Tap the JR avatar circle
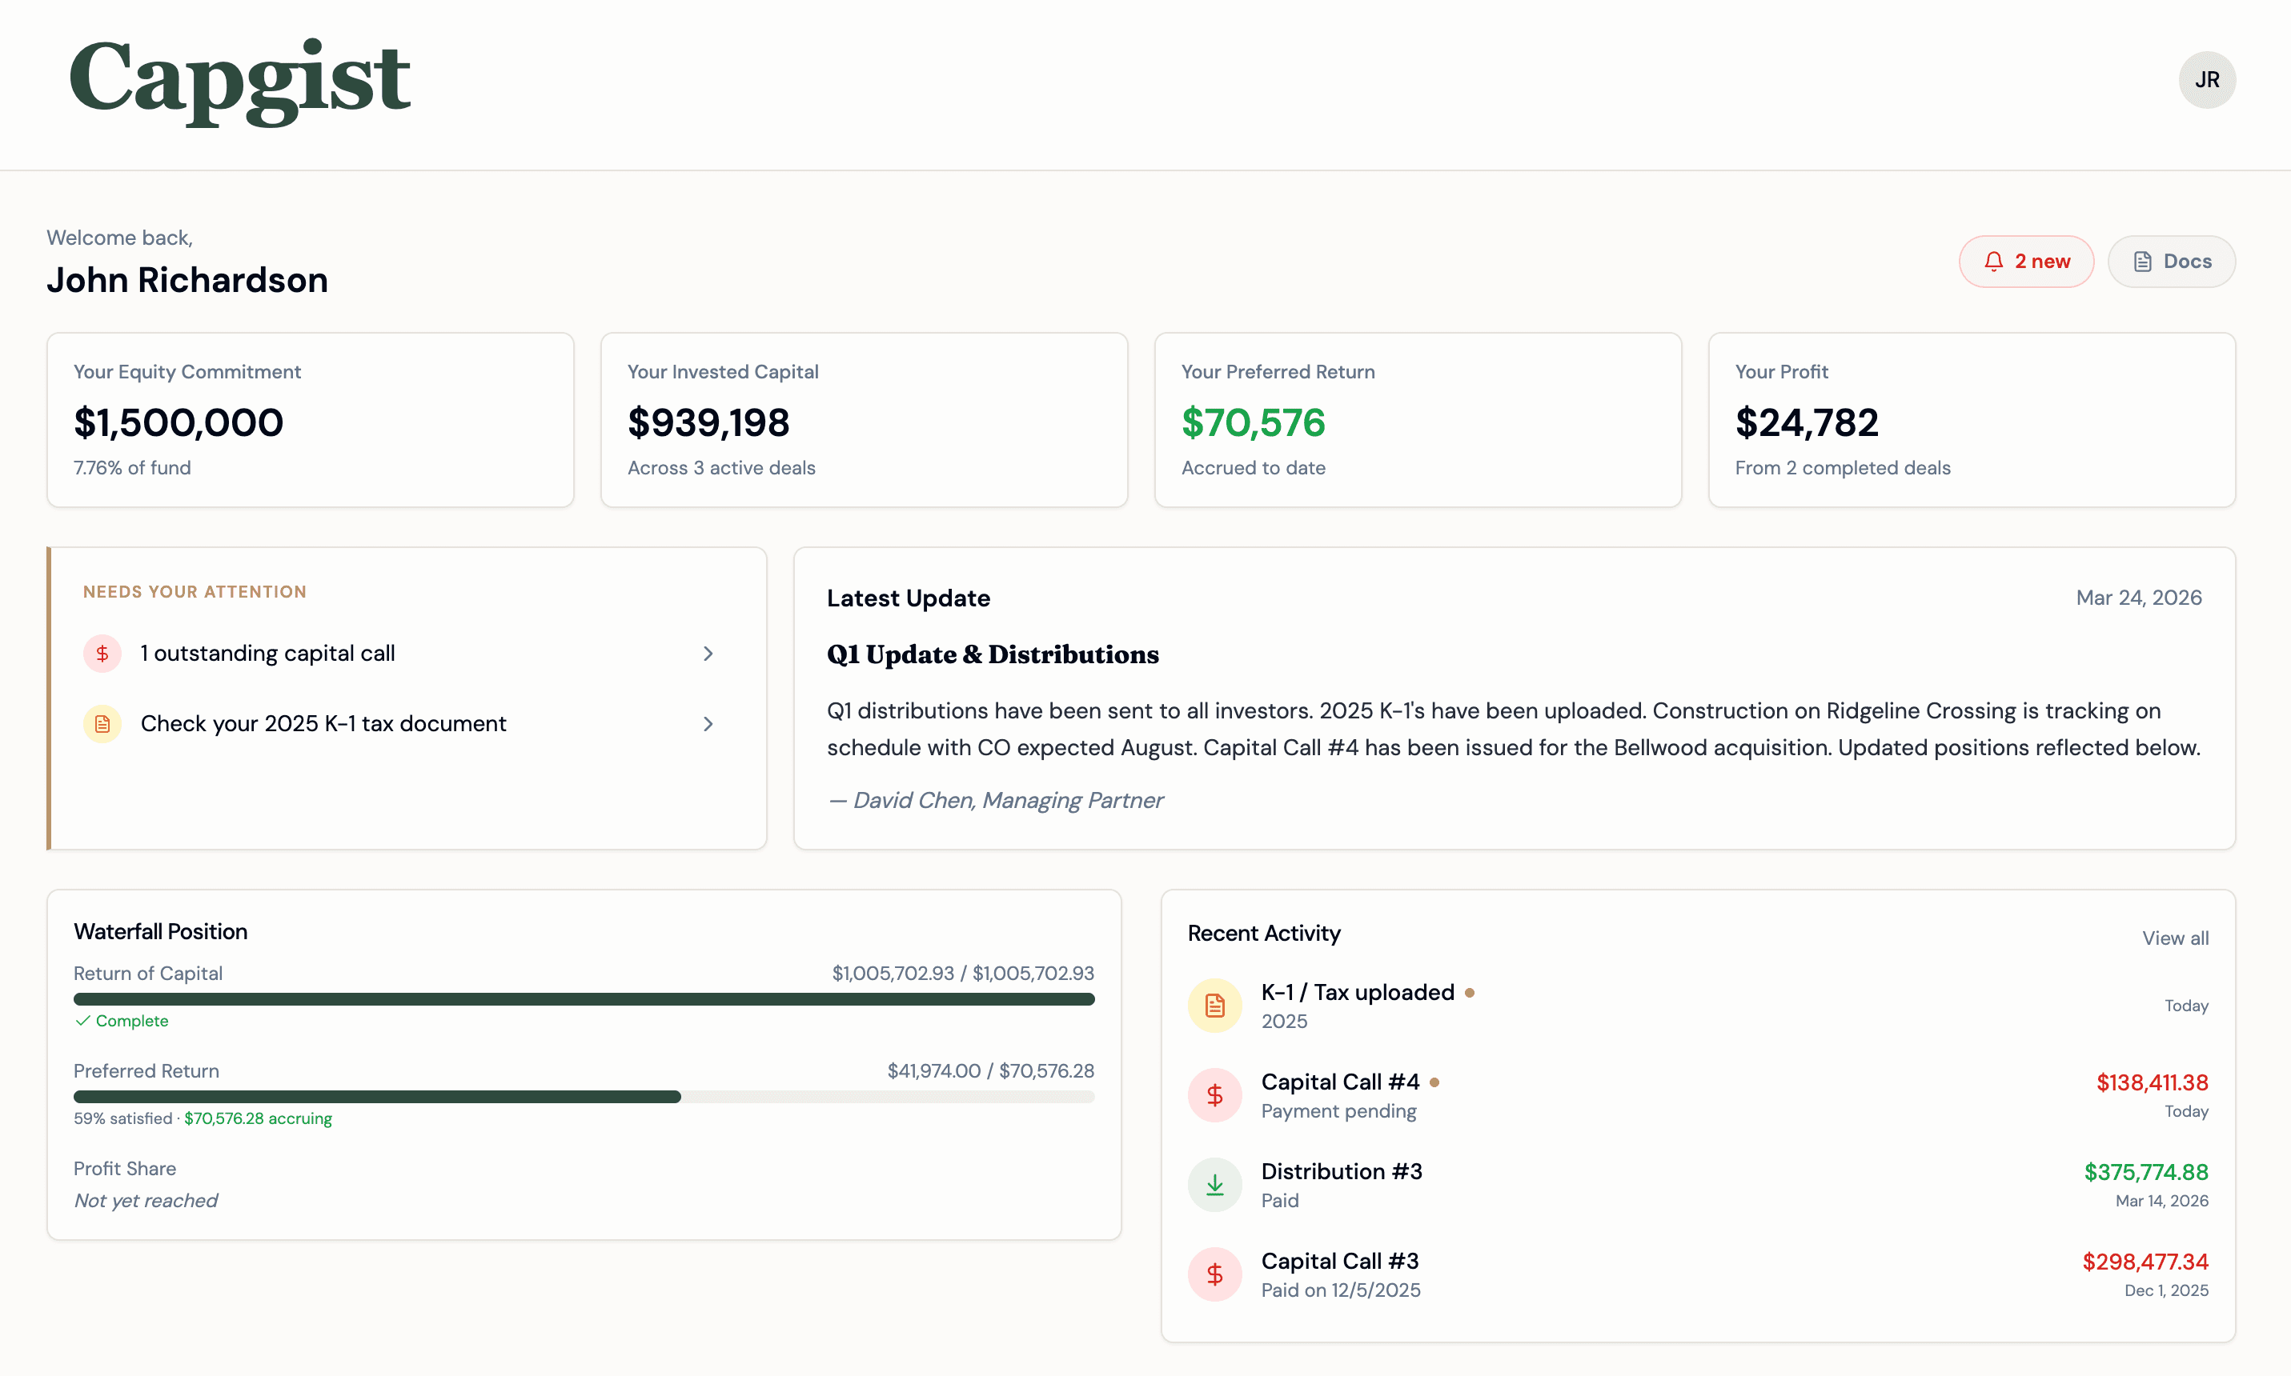(x=2207, y=80)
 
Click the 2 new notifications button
(x=2026, y=262)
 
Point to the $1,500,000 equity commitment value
(x=178, y=423)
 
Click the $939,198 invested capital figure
(x=708, y=423)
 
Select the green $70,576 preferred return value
(x=1253, y=423)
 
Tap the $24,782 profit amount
(x=1807, y=423)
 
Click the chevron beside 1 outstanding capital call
(x=708, y=654)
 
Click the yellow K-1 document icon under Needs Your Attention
(x=102, y=723)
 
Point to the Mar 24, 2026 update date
(x=2138, y=598)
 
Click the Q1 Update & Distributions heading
(x=993, y=654)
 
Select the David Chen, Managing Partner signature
(x=995, y=800)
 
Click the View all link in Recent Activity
(x=2174, y=938)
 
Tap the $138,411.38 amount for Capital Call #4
(x=2152, y=1082)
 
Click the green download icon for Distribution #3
(x=1214, y=1185)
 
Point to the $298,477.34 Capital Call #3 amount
(x=2145, y=1261)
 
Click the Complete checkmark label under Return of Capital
(x=122, y=1021)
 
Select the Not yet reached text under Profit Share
(x=146, y=1201)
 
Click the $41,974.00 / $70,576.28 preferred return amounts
(x=989, y=1071)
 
